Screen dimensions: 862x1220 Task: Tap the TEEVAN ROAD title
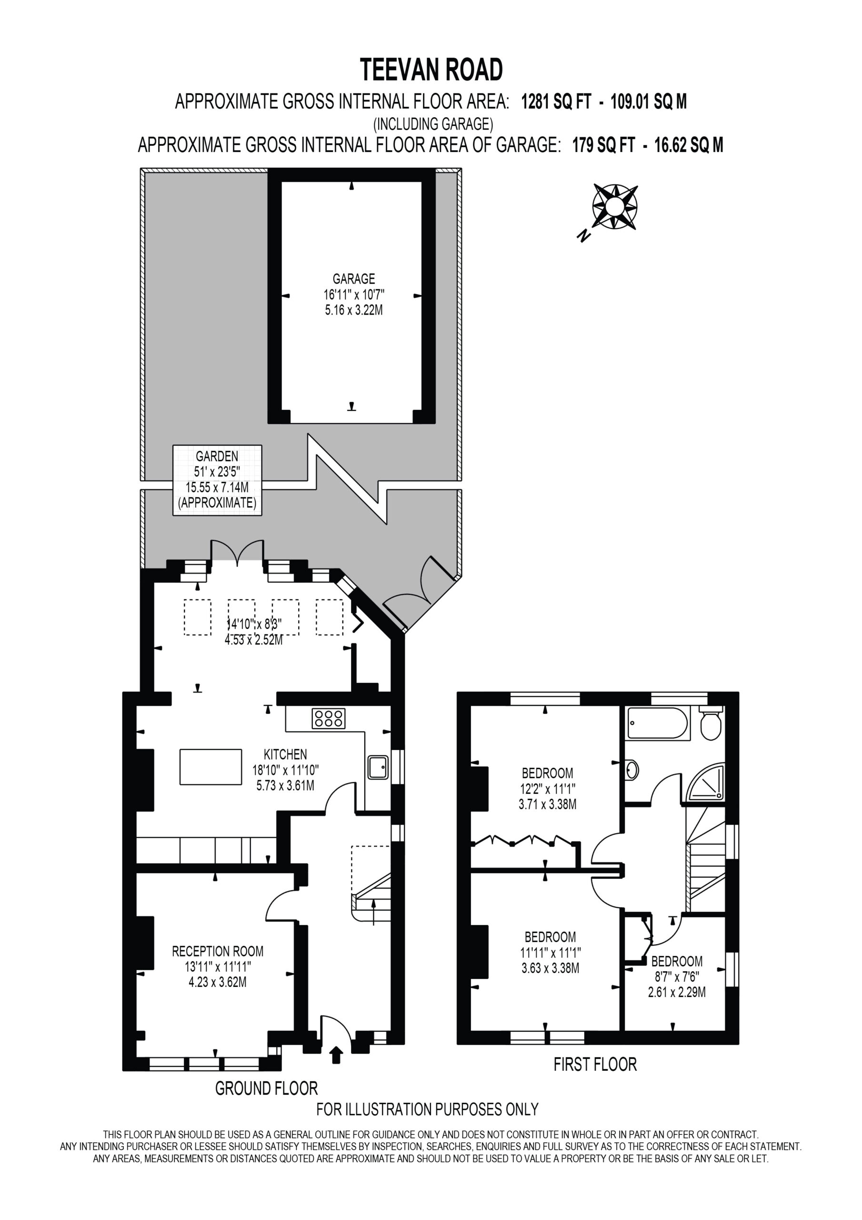431,70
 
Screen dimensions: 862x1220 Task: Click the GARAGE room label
354,278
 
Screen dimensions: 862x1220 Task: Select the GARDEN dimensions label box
217,480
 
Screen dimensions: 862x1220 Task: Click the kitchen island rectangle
211,767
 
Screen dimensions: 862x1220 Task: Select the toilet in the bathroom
711,722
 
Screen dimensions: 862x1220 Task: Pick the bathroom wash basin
631,769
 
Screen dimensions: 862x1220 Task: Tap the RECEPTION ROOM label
218,951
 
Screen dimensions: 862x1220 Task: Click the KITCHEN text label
285,754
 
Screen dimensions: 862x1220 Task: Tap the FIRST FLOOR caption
595,1064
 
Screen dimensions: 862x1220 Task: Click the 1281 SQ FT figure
556,101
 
